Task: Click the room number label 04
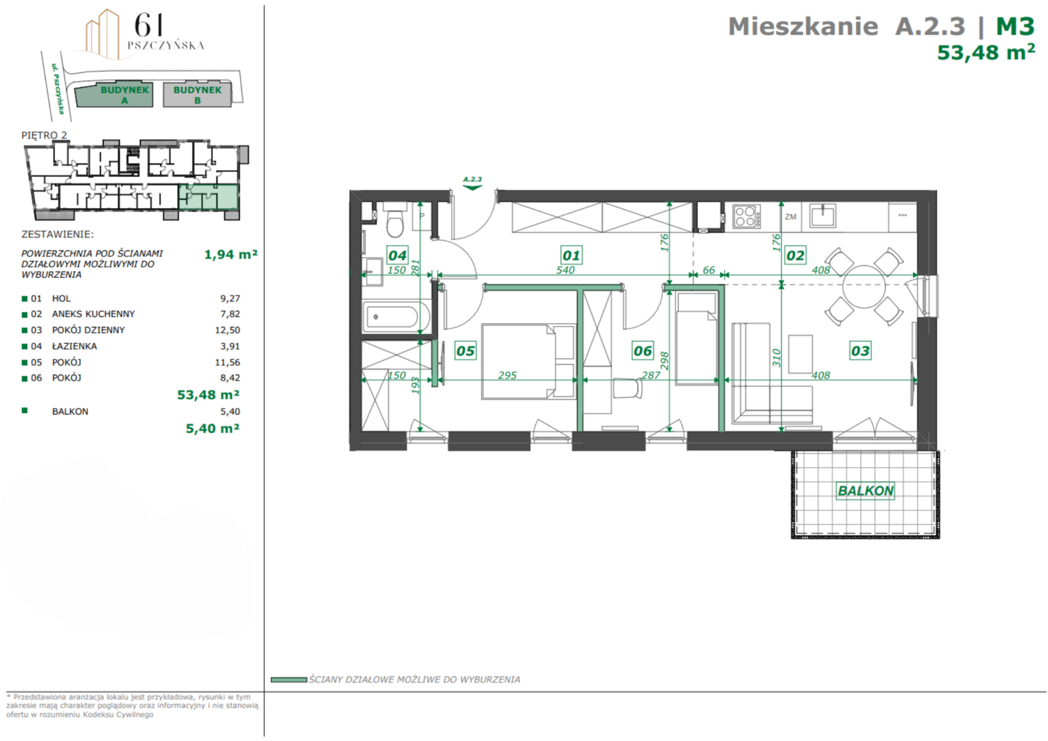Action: coord(397,255)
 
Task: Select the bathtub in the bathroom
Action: coord(396,316)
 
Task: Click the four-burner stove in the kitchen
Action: coord(746,217)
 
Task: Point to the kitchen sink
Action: coord(823,216)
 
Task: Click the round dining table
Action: coord(864,287)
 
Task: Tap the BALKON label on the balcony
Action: coord(866,491)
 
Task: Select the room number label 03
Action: coord(860,351)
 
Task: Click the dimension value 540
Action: coord(565,270)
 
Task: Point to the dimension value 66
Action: coord(708,270)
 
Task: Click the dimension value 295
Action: coord(507,375)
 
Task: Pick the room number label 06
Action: coord(643,351)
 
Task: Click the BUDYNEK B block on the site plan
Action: coord(197,95)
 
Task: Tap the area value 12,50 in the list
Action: coord(228,330)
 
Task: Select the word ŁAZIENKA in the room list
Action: coord(74,346)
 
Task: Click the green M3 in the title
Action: coord(1015,26)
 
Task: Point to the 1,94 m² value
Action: coord(230,254)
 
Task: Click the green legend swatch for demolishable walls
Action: coord(289,679)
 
